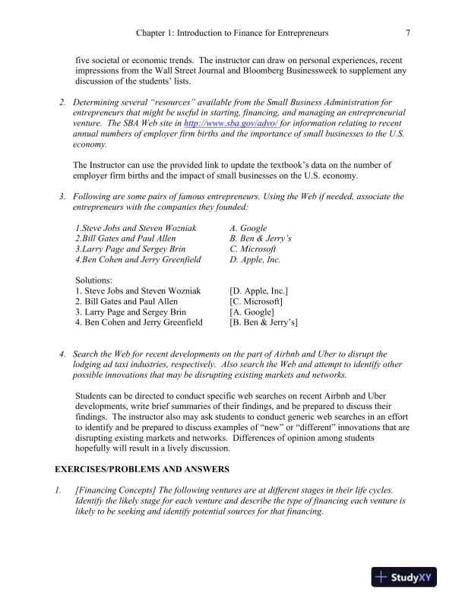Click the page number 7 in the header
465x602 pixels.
[x=409, y=33]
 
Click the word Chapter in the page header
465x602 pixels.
[x=150, y=33]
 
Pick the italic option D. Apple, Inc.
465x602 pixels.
[x=255, y=260]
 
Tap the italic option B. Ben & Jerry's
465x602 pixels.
[x=256, y=239]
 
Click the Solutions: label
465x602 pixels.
[x=94, y=280]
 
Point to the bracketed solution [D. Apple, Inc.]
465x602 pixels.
[x=258, y=291]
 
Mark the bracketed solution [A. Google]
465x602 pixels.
[x=251, y=312]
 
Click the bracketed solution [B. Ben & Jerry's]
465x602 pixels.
[x=264, y=323]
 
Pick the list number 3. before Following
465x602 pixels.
[x=62, y=197]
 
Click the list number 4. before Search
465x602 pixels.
[x=62, y=354]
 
